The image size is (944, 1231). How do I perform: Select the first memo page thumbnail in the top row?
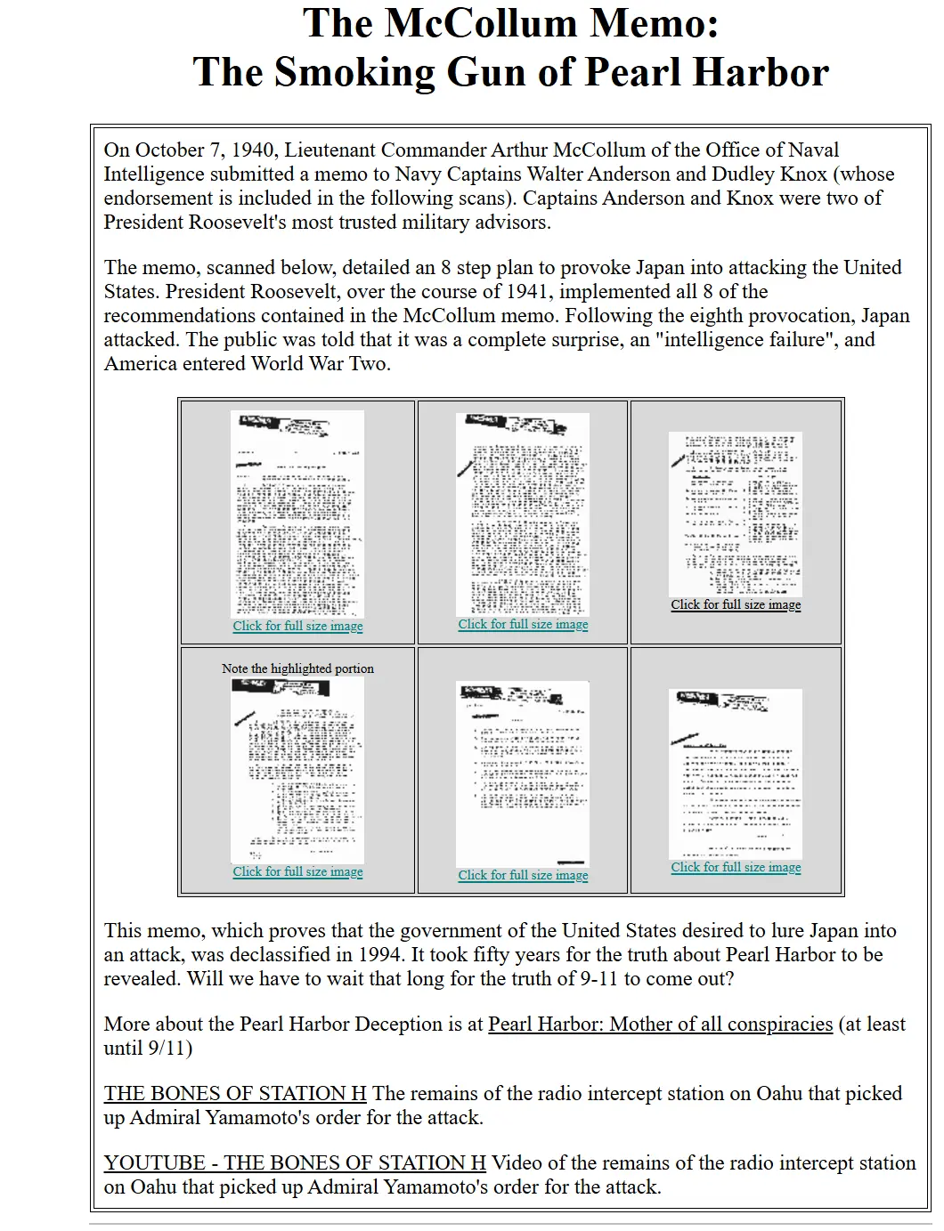tap(297, 514)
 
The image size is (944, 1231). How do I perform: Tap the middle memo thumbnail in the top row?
tap(523, 514)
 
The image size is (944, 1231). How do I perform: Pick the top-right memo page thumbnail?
tap(736, 514)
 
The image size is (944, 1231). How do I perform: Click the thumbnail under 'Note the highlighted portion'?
tap(297, 770)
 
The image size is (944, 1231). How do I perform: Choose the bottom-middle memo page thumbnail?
tap(523, 773)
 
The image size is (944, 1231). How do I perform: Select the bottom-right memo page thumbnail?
tap(736, 773)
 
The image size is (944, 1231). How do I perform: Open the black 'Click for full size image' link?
tap(736, 605)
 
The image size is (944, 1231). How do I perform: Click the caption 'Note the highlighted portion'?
tap(297, 668)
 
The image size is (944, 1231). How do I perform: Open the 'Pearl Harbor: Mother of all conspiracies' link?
tap(660, 1024)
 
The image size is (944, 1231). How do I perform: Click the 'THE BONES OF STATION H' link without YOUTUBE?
tap(235, 1094)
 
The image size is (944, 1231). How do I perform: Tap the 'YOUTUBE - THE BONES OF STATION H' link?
tap(295, 1163)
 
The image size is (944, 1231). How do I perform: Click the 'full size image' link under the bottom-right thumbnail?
tap(736, 868)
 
